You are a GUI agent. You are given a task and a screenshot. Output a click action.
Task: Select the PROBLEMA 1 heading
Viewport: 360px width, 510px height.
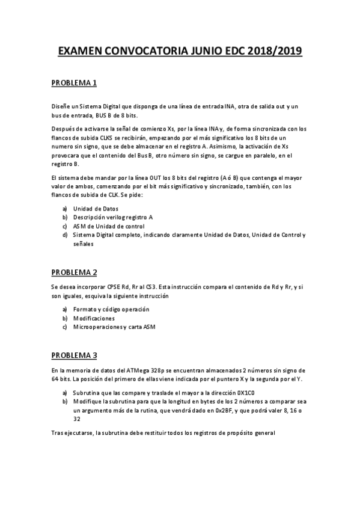click(x=75, y=82)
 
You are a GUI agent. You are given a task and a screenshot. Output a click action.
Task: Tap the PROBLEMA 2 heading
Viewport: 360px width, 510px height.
click(x=75, y=272)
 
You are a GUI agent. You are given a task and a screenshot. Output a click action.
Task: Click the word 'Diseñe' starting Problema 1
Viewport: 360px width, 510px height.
click(x=60, y=106)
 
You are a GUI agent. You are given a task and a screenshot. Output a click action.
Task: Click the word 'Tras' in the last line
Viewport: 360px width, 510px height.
click(x=58, y=434)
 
